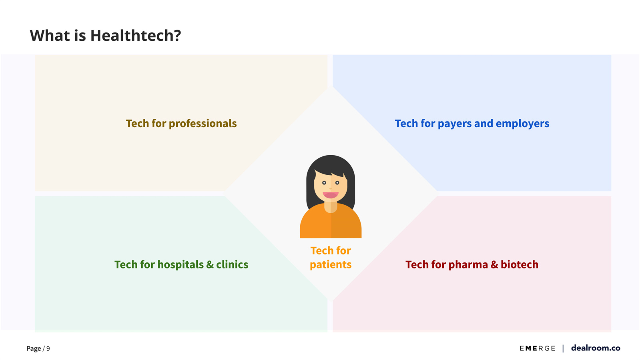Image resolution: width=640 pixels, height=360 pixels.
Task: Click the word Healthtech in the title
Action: click(135, 36)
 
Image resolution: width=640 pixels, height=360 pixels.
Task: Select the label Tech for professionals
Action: click(181, 124)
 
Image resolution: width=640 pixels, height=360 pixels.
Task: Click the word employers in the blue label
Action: click(522, 124)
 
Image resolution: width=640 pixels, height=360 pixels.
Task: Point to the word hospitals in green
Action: click(180, 265)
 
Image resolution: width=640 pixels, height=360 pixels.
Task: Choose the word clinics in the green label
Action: click(232, 264)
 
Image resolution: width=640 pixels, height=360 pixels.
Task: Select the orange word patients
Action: click(331, 265)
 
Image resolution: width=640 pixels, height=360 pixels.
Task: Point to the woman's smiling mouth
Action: click(331, 195)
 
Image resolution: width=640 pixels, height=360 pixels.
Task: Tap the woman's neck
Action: click(331, 206)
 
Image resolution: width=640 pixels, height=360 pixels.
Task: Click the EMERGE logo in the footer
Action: click(538, 348)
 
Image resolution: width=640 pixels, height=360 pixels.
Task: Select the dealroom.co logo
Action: click(596, 348)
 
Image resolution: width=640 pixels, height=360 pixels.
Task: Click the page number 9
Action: click(48, 348)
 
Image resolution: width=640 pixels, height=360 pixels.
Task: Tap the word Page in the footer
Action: click(34, 349)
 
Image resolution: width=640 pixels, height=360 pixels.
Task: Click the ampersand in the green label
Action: click(210, 265)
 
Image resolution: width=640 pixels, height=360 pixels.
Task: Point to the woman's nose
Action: click(331, 188)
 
